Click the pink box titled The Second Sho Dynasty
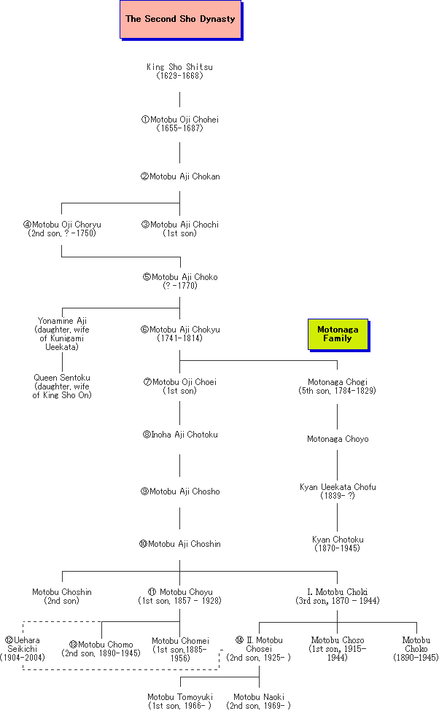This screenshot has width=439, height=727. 180,20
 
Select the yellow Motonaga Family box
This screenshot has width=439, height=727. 337,334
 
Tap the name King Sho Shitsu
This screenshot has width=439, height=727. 179,71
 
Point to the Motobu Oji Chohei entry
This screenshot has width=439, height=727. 179,124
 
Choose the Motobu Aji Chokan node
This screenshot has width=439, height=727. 180,176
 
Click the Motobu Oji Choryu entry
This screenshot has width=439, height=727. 62,229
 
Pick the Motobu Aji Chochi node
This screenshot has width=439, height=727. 180,229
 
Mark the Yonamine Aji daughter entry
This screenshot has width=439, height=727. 62,334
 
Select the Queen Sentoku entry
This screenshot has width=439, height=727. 62,386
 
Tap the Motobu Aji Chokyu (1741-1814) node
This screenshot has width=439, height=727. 180,334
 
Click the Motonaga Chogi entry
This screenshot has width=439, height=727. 337,386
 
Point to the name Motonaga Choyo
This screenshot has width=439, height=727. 337,439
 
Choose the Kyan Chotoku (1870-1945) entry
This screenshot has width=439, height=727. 337,544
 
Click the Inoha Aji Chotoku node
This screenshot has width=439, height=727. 180,435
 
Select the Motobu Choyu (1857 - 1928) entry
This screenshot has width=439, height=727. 180,596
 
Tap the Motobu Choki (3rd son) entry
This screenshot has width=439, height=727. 337,596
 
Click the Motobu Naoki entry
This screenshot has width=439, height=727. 259,701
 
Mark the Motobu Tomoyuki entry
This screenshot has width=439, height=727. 179,701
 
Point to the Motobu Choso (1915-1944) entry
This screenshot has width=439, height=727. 337,649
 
